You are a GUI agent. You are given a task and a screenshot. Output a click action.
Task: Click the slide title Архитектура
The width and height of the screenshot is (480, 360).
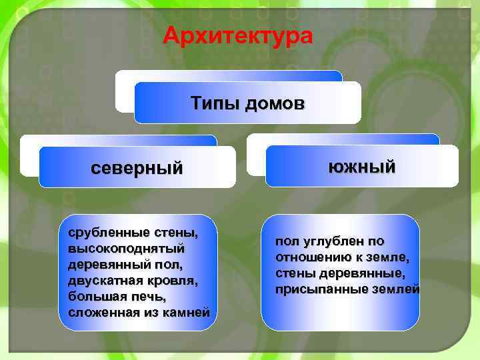click(238, 34)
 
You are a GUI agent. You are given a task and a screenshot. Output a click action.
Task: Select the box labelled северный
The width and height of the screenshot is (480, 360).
click(137, 167)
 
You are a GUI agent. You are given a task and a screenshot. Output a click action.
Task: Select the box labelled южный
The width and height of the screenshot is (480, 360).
click(362, 166)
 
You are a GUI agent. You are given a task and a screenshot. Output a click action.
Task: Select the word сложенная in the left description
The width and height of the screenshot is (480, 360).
click(101, 311)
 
